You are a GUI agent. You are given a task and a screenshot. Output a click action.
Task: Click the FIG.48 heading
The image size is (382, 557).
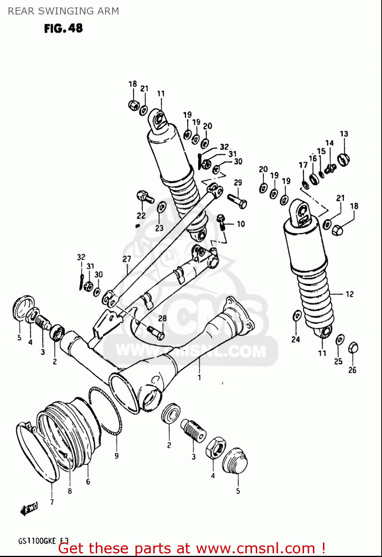(63, 28)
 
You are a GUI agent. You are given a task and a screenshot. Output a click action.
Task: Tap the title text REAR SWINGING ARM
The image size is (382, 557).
(63, 11)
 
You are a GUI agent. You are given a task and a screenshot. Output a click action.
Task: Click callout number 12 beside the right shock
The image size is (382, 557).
(349, 294)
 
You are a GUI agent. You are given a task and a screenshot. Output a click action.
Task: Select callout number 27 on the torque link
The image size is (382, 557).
(127, 259)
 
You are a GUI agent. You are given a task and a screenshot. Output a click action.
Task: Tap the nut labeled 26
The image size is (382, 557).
(353, 348)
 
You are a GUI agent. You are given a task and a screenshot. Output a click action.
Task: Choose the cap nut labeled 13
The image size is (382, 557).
(343, 160)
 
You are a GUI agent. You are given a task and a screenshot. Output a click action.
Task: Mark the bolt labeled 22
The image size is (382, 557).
(144, 197)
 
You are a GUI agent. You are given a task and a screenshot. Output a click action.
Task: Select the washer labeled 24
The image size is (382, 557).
(297, 316)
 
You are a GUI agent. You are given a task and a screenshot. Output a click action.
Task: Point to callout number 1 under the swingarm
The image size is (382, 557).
(199, 378)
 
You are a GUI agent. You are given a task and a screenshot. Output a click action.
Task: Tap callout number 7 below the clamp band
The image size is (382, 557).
(52, 502)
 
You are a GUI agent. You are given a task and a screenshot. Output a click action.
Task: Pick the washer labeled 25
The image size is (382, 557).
(340, 339)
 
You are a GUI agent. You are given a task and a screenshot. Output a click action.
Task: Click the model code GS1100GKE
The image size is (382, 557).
(37, 541)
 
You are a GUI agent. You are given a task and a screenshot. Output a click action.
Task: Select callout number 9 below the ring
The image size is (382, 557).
(117, 456)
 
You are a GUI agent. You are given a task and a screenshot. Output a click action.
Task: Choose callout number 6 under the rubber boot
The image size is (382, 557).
(88, 482)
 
